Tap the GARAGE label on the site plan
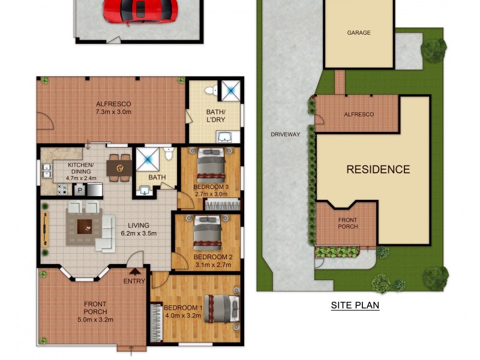coord(359,33)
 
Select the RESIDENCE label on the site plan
coord(378,169)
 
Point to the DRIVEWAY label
coord(284,134)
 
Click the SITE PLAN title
coord(355,305)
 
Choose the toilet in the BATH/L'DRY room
coord(210,91)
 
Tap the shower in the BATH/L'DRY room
coord(230,90)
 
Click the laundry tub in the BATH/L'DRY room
coord(229,137)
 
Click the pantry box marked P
coord(79,190)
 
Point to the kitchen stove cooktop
coord(62,189)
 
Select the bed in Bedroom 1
coord(220,309)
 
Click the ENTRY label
coord(134,281)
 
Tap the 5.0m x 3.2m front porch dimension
coord(95,319)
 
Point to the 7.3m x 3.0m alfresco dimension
coord(113,112)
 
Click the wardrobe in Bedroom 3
coord(221,205)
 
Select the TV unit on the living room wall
coord(44,229)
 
